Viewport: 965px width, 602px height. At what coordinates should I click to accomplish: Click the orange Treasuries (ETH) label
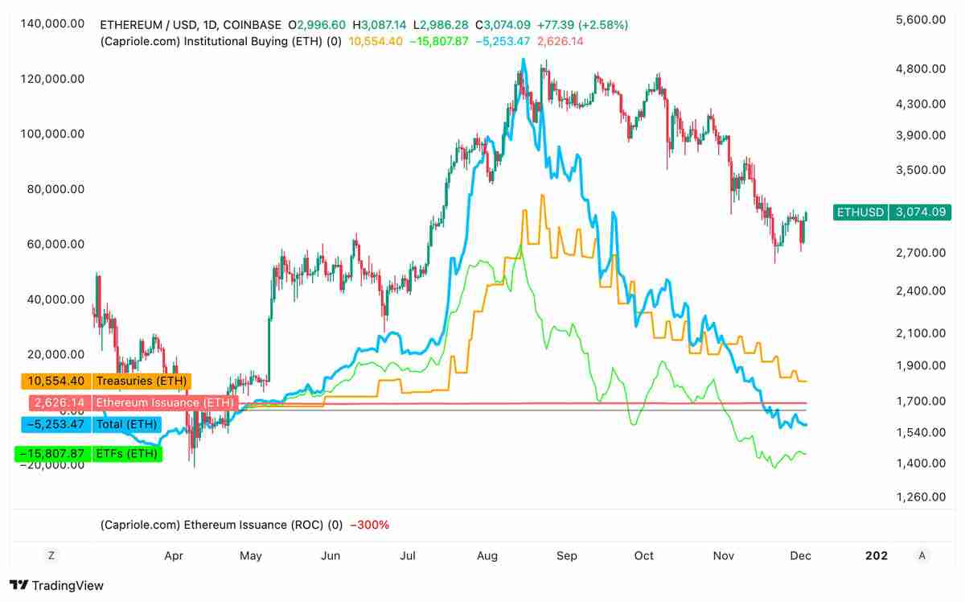click(x=141, y=381)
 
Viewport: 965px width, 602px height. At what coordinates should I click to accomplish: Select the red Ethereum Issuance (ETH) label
click(x=165, y=402)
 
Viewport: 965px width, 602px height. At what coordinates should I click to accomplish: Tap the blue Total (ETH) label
click(x=126, y=424)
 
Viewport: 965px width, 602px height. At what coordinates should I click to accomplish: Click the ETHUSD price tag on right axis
click(x=860, y=212)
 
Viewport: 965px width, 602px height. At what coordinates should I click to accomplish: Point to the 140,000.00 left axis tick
click(x=52, y=23)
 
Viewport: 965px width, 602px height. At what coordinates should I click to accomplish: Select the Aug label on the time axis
click(x=487, y=555)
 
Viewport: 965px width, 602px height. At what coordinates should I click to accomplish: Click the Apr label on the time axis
click(x=173, y=555)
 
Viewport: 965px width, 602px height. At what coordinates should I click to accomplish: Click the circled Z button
click(x=51, y=555)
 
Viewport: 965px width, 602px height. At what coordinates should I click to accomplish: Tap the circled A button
click(x=922, y=555)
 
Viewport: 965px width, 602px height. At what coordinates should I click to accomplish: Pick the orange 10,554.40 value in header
click(x=375, y=41)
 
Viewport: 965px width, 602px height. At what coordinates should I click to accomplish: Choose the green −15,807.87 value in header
click(x=438, y=41)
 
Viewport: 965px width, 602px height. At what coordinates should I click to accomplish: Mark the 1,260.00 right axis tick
click(x=920, y=497)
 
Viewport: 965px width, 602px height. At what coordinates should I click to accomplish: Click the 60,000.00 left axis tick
click(x=52, y=244)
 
